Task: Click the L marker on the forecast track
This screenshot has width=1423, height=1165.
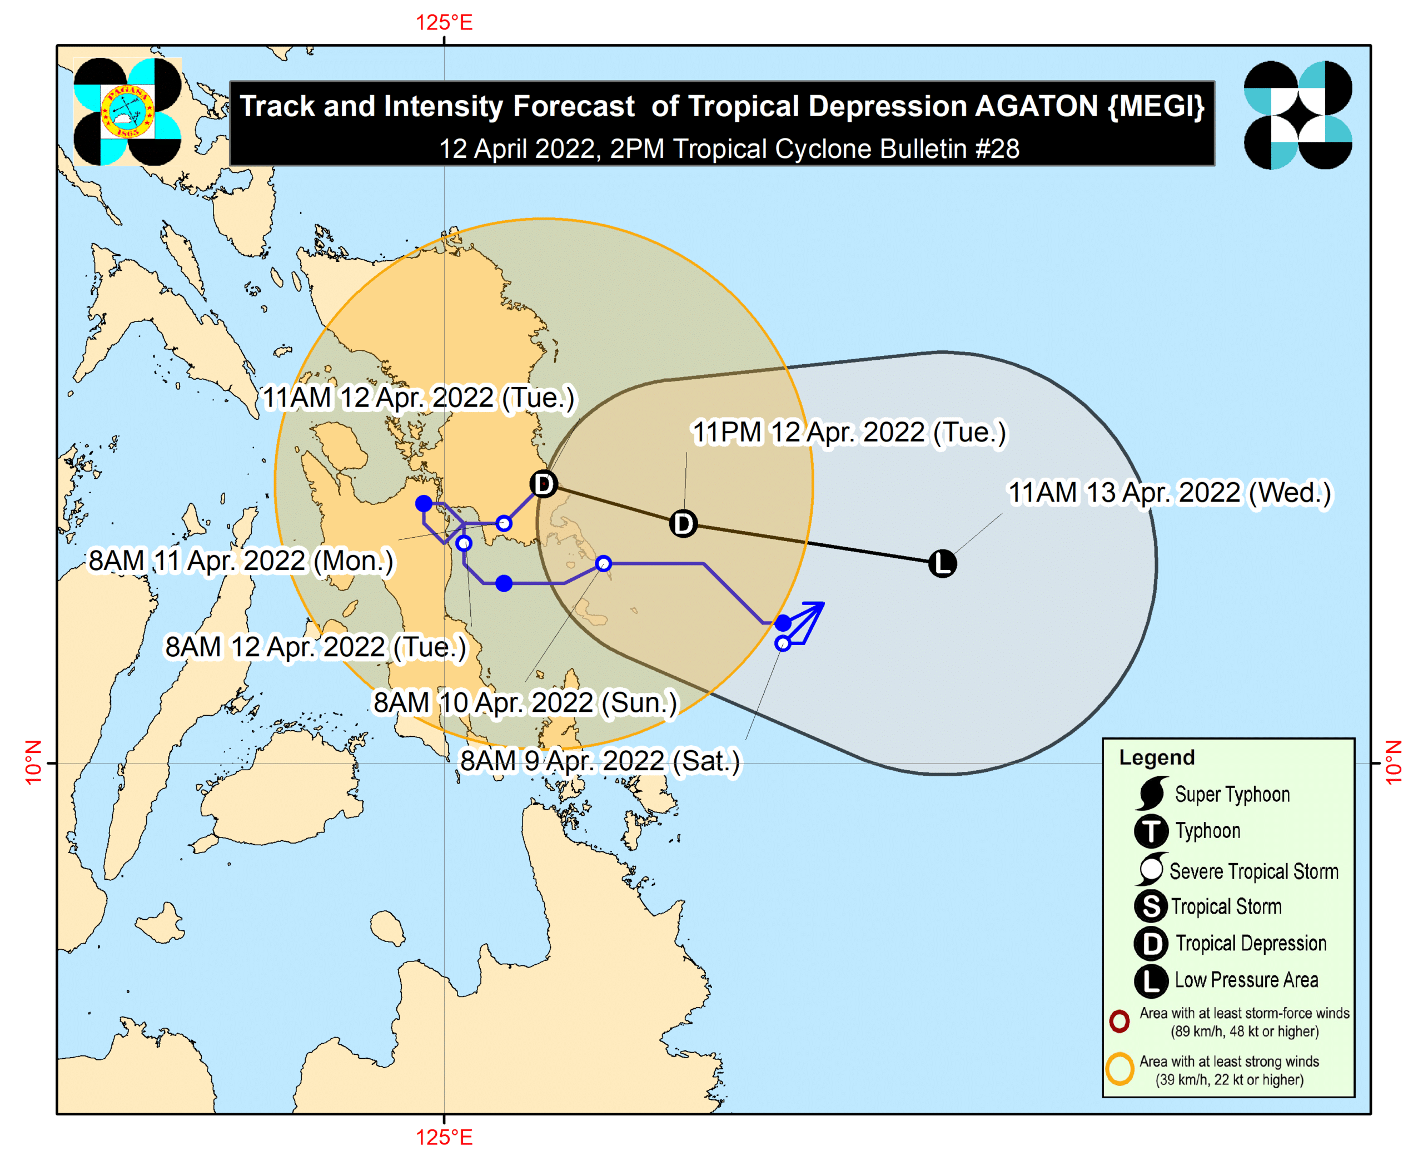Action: tap(942, 564)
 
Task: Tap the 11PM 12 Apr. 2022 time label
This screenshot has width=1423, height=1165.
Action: tap(849, 433)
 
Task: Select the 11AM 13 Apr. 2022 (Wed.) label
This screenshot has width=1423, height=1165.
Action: tap(1170, 493)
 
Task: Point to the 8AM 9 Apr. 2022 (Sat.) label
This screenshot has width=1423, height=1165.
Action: tap(599, 762)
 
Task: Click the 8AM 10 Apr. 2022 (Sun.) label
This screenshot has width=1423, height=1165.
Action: tap(525, 703)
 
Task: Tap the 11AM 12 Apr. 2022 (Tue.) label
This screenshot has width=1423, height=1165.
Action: tap(418, 398)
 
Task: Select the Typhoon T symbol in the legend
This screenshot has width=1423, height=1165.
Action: tap(1151, 831)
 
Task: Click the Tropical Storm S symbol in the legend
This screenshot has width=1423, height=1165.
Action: tap(1151, 906)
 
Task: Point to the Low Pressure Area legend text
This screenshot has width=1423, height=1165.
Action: tap(1246, 980)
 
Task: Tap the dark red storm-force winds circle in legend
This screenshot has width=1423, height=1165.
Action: tap(1119, 1022)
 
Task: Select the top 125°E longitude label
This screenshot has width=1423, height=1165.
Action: tap(444, 23)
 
